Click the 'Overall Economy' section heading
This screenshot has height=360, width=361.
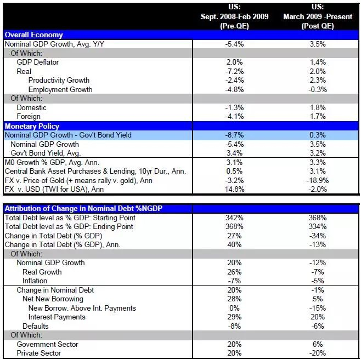33,35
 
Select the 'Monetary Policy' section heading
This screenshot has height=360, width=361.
32,125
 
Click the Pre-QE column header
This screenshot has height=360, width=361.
234,16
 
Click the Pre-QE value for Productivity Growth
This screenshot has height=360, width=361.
234,81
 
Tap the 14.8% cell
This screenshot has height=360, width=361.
234,190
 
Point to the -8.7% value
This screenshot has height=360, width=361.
234,135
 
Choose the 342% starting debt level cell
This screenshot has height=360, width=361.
234,218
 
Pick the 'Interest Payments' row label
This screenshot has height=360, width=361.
57,317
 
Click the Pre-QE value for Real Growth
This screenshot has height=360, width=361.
234,272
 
